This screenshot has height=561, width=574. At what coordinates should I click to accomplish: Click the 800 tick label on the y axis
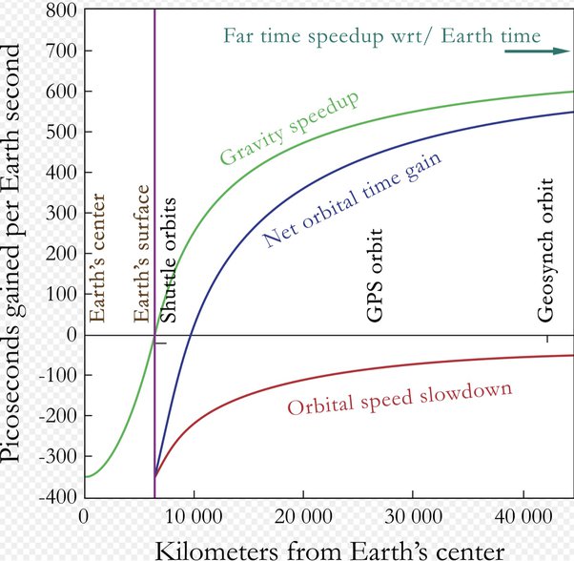(x=58, y=11)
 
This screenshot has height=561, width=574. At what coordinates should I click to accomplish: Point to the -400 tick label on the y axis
(x=53, y=497)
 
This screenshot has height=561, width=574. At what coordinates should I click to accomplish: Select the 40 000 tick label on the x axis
(x=524, y=516)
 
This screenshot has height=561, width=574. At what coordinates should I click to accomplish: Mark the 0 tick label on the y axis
(x=69, y=335)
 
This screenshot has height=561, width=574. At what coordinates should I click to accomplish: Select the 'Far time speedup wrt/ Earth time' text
(x=381, y=36)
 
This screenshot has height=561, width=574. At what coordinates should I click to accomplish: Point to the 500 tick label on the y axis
(x=58, y=132)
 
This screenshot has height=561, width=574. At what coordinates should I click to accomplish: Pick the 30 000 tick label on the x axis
(x=414, y=516)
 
